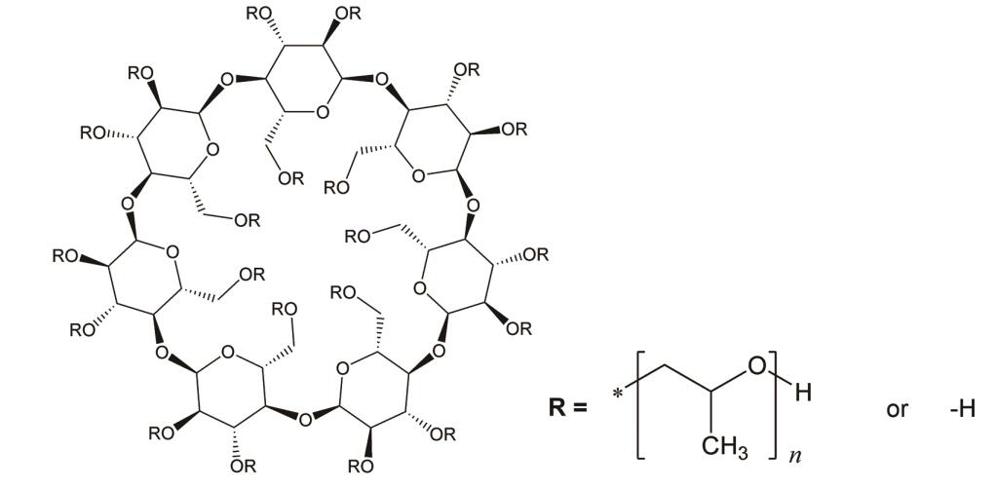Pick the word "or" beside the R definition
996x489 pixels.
click(x=897, y=408)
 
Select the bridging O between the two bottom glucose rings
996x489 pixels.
click(x=307, y=418)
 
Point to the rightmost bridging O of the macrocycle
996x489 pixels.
click(x=471, y=206)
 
